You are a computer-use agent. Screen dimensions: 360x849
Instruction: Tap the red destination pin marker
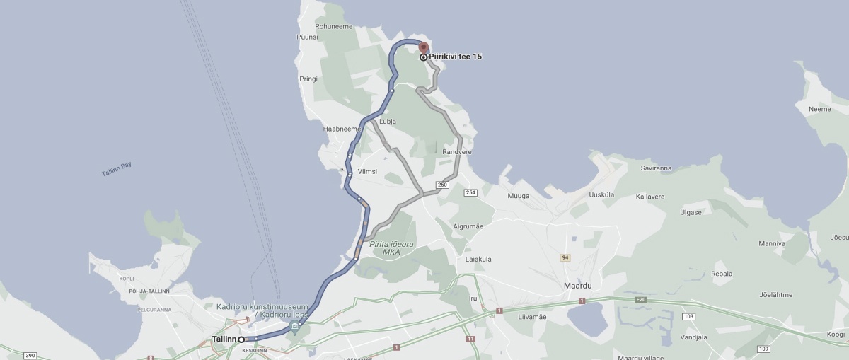click(424, 48)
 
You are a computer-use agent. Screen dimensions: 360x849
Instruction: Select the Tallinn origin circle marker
click(241, 339)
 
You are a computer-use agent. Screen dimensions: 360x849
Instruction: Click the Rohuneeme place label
click(334, 26)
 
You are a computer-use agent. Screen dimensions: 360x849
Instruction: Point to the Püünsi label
click(308, 36)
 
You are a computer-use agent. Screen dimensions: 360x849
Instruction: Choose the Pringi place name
click(308, 79)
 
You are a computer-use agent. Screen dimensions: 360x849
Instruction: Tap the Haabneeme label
click(342, 129)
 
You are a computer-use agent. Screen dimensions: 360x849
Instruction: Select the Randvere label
click(457, 152)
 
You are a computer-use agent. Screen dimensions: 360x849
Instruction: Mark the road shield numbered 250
click(443, 185)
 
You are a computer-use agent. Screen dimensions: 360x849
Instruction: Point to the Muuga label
click(519, 196)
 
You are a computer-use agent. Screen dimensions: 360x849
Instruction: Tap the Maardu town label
click(577, 285)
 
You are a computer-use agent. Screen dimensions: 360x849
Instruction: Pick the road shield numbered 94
click(565, 257)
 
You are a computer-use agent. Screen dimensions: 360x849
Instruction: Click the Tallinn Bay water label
click(116, 170)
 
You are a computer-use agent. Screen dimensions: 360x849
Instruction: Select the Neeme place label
click(819, 109)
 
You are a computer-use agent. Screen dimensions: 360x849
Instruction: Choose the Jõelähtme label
click(775, 295)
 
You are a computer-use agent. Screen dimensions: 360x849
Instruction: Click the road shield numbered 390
click(30, 355)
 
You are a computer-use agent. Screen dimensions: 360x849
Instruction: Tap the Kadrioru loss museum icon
click(295, 326)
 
